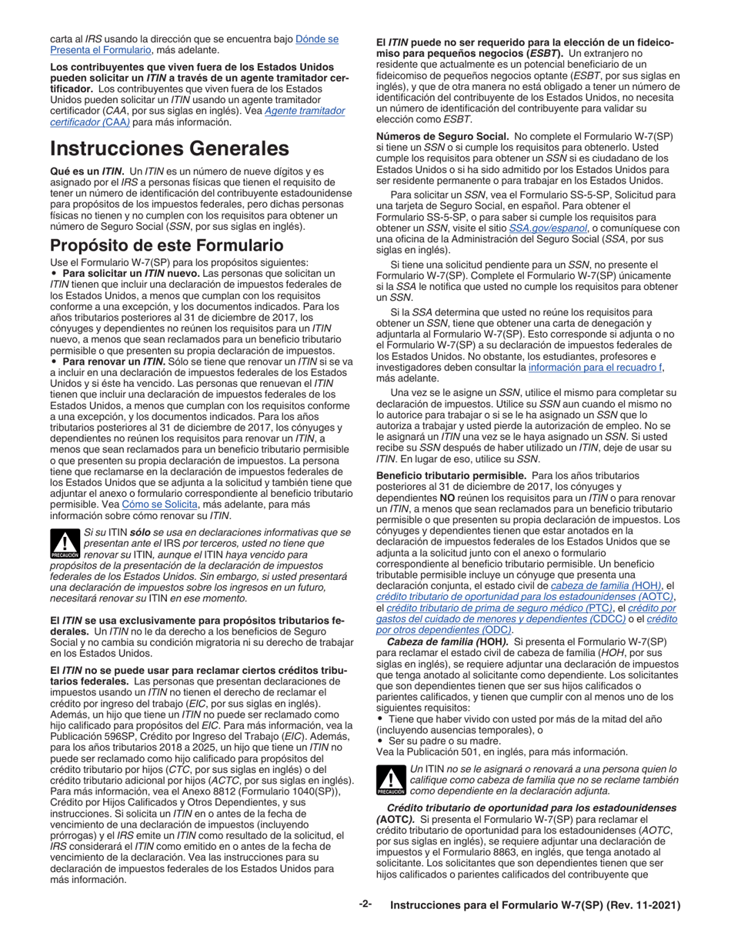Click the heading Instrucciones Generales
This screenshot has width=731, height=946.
coord(169,148)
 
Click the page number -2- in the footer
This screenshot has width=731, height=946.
coord(365,904)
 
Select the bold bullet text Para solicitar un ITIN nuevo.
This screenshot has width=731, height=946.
coord(129,273)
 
